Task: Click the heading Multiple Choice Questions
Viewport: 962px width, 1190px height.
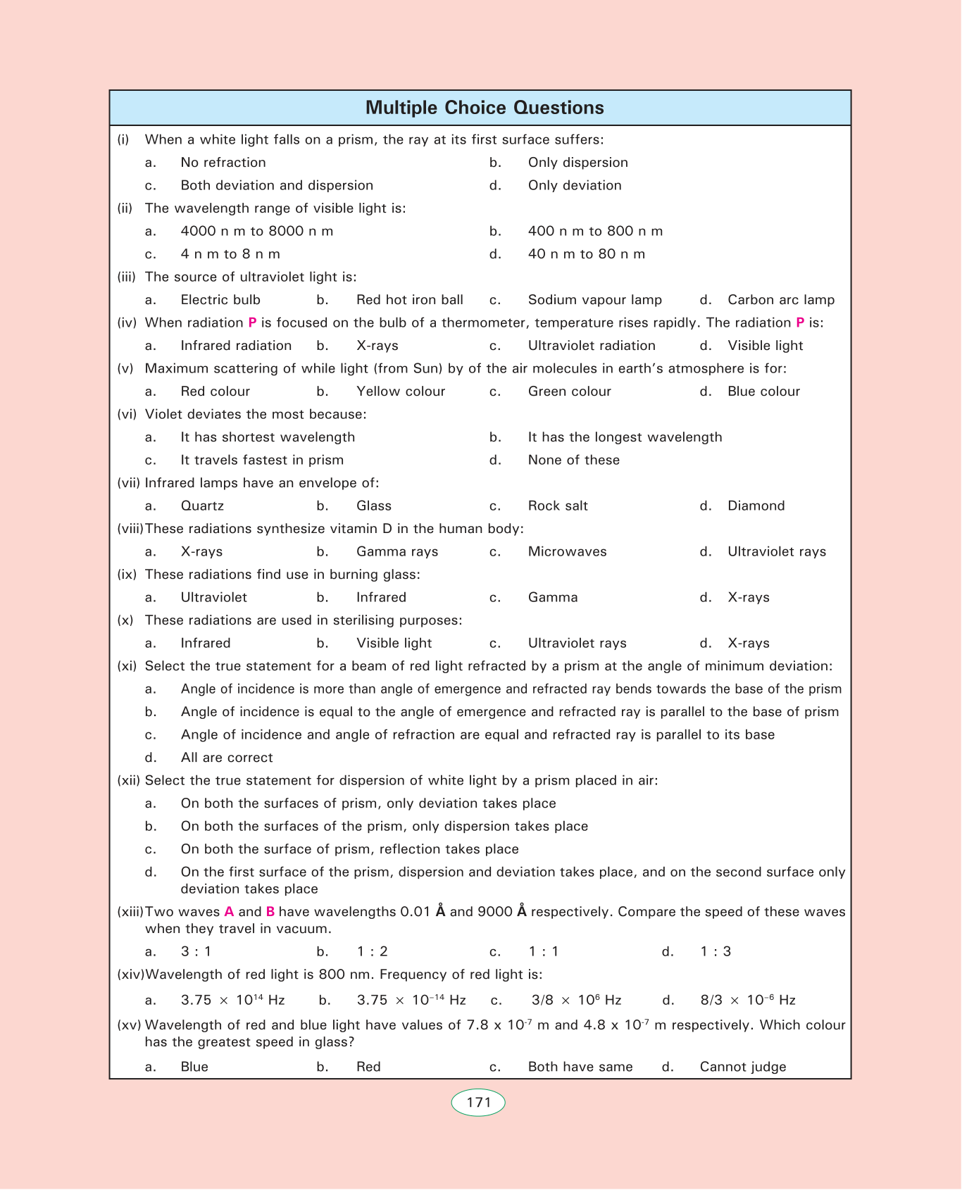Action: (485, 108)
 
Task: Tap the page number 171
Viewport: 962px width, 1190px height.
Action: (478, 1102)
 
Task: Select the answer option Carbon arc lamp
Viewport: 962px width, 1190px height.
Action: (781, 300)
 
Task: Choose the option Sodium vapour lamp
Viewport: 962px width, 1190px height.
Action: (595, 300)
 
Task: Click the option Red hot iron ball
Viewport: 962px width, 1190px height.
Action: (410, 300)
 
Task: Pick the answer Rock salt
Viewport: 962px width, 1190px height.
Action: (558, 506)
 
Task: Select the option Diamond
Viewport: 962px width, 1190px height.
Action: (756, 506)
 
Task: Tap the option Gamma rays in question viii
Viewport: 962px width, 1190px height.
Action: (397, 551)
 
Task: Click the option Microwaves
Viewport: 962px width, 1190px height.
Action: (567, 551)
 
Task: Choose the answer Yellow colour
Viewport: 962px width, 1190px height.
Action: (401, 392)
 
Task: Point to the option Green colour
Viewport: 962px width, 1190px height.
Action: (569, 392)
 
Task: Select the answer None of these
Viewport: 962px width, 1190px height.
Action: (574, 460)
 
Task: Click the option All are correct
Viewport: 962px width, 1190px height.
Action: (227, 758)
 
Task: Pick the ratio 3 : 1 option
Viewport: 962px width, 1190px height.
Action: (196, 952)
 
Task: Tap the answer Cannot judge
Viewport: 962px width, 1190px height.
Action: (743, 1067)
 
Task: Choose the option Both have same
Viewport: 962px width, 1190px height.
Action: (580, 1067)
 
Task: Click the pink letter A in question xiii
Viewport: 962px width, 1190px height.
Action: (229, 912)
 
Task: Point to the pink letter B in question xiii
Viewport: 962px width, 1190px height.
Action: (270, 912)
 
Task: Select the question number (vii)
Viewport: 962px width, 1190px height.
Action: (129, 483)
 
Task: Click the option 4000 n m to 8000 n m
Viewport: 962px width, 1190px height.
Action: (257, 231)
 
